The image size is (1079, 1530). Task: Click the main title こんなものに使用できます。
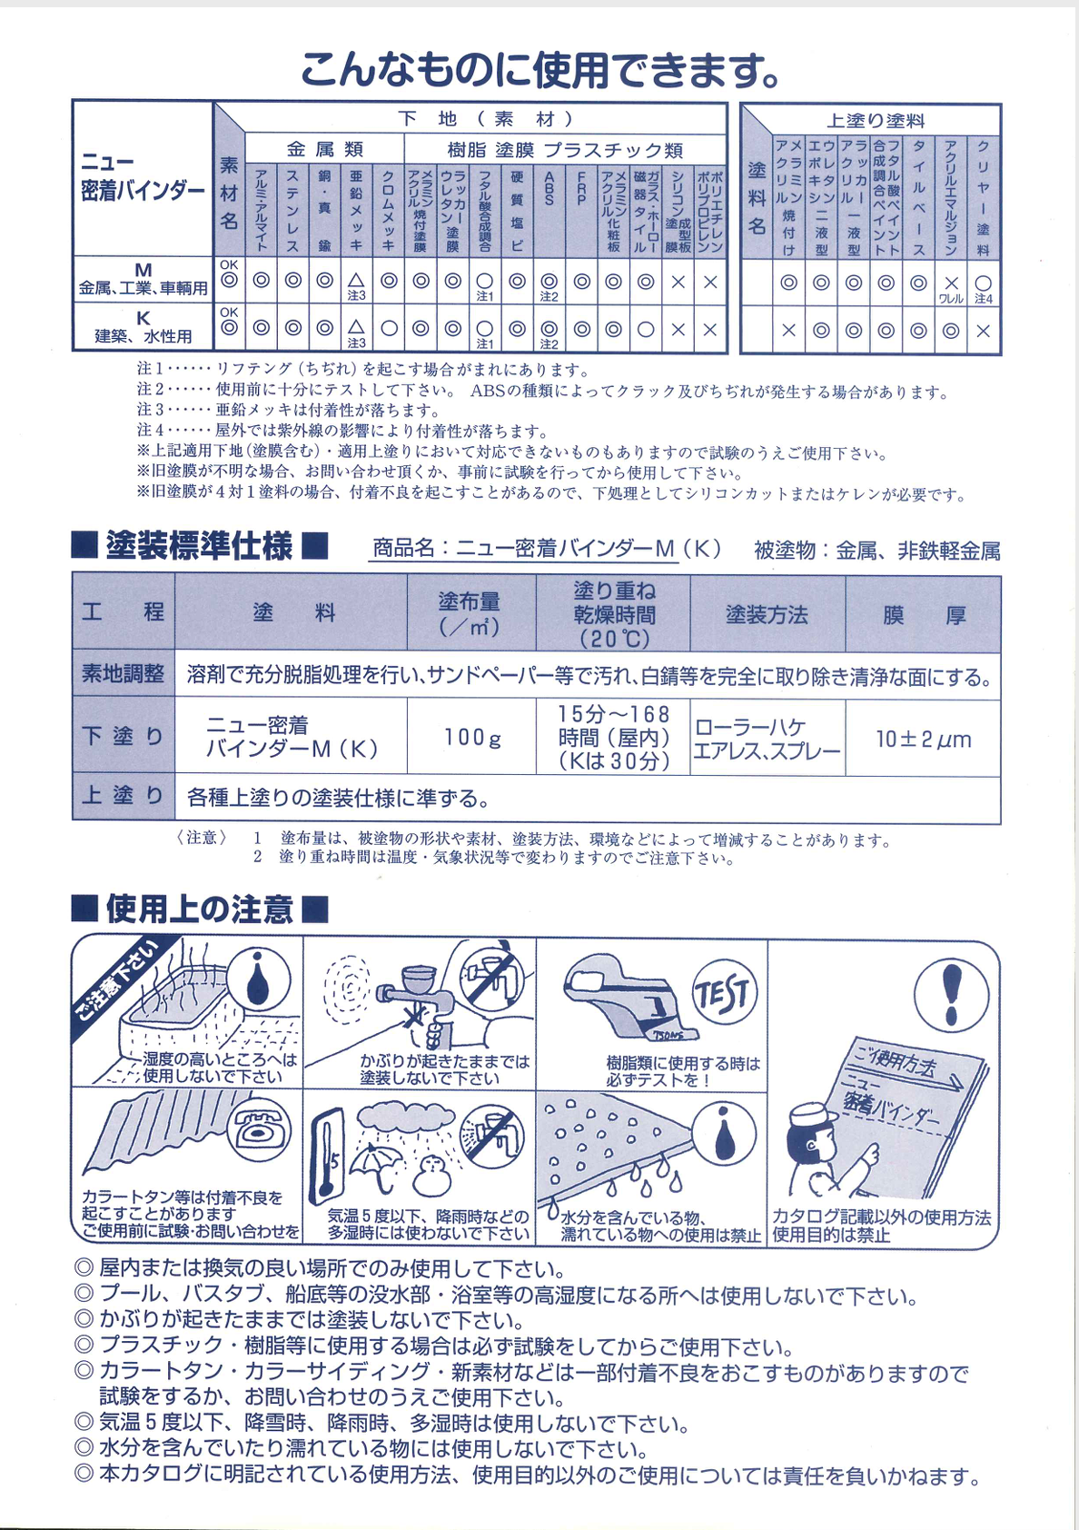(539, 69)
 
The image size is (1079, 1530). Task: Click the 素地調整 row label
(124, 674)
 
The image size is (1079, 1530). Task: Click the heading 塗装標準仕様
(200, 546)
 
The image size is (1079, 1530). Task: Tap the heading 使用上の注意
(200, 909)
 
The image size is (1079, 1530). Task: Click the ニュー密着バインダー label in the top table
(143, 178)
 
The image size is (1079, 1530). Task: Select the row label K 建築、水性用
(144, 327)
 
